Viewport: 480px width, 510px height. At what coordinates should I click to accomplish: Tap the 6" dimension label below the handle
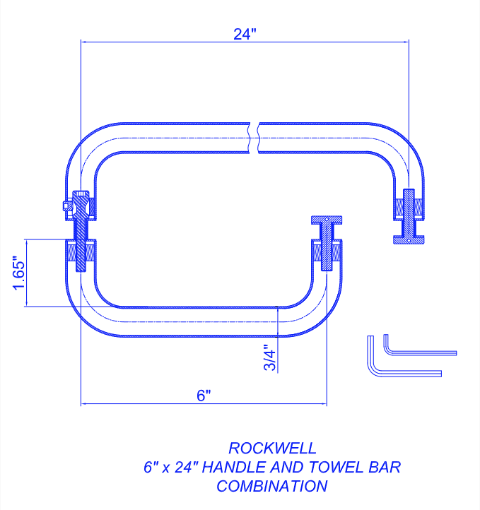pos(204,396)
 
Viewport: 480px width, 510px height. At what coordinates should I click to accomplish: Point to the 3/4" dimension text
pos(269,358)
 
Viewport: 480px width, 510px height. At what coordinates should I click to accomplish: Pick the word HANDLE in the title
pos(242,467)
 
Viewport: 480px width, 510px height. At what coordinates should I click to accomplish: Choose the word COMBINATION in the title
pos(272,486)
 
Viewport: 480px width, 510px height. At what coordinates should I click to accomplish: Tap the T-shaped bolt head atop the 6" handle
pos(327,221)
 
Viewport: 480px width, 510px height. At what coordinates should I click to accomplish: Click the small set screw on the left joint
pos(66,206)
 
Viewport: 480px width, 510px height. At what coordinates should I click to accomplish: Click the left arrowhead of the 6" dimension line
pos(86,404)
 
